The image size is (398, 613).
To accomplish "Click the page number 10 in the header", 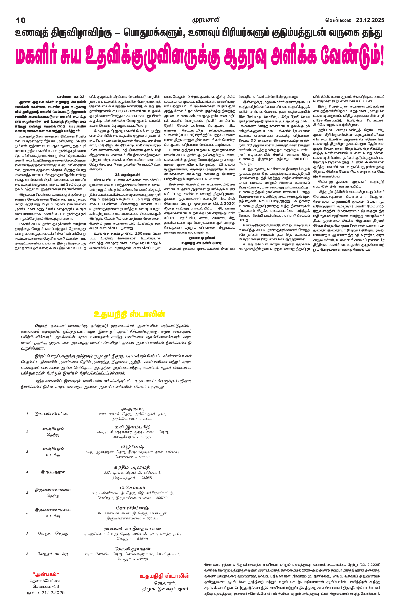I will point(21,20).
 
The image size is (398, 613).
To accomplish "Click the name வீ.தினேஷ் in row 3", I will point(132,447).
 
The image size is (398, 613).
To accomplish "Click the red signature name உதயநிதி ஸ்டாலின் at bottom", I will point(165,576).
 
